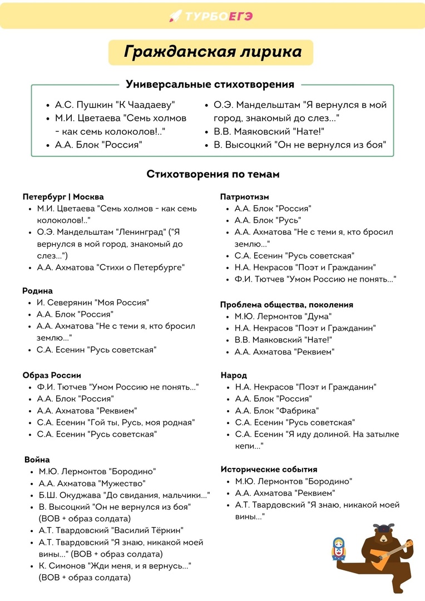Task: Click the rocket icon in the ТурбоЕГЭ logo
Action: coord(175,16)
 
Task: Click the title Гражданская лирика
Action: coord(212,52)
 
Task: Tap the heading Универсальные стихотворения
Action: coord(210,85)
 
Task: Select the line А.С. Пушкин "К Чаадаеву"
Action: coord(115,105)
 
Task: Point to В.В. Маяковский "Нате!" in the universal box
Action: coord(269,132)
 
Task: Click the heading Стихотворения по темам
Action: coord(213,174)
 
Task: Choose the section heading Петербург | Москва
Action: coord(63,197)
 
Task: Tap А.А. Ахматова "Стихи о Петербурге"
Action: coord(111,267)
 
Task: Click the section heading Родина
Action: coord(38,291)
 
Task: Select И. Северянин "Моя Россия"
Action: coord(93,303)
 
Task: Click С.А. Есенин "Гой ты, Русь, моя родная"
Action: coord(116,422)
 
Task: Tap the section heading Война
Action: coord(37,460)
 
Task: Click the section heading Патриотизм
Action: coord(245,197)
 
